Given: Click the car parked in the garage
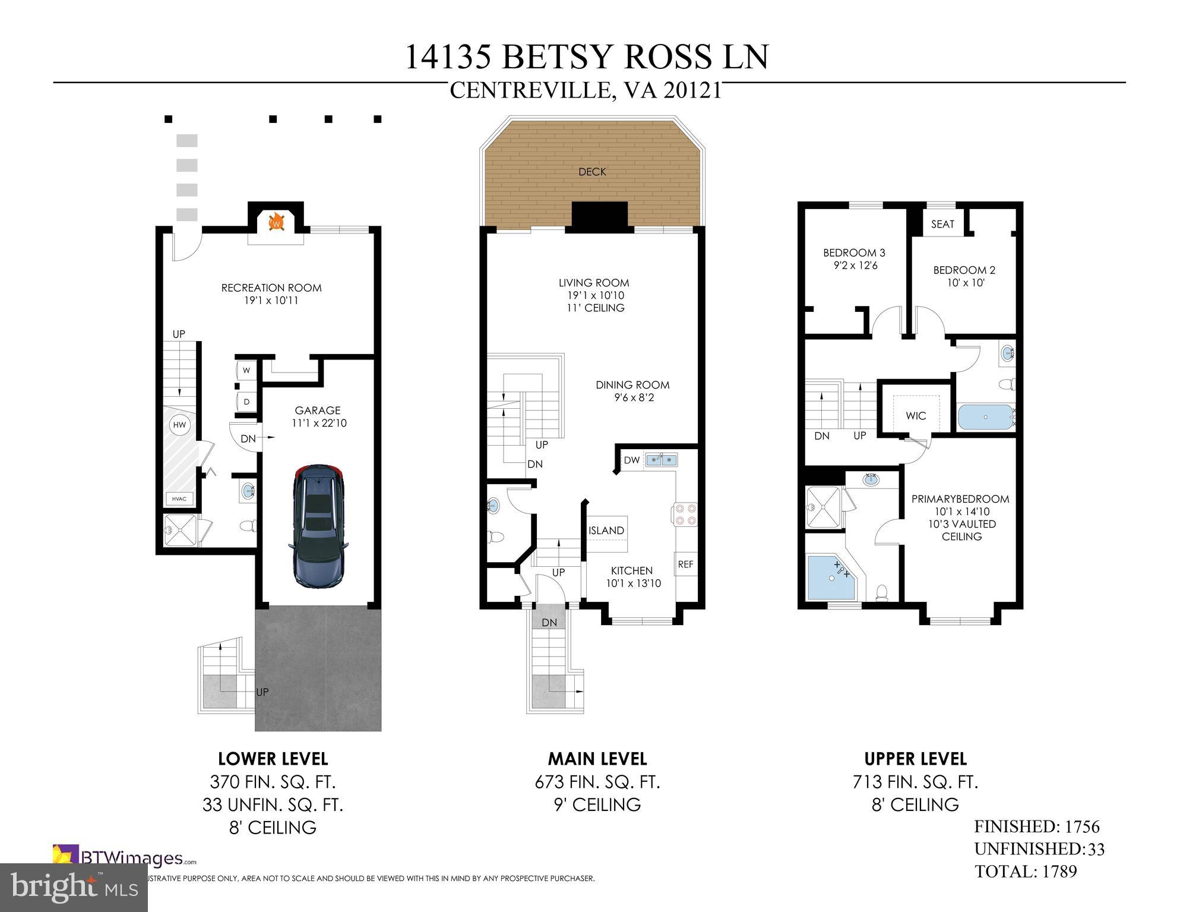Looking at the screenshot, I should [317, 526].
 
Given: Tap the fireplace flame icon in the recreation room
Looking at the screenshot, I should [276, 223].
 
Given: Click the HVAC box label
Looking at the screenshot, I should [179, 498].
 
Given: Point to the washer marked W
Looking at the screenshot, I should [246, 370].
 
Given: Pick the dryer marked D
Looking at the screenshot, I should [246, 402].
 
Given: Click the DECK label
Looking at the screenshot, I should [592, 172].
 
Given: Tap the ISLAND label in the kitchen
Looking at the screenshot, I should [606, 531].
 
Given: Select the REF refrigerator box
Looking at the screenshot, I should [685, 564].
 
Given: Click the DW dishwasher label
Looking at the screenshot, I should [632, 460].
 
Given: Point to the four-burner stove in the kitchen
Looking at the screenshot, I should [685, 514].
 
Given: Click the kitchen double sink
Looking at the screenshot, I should [662, 459].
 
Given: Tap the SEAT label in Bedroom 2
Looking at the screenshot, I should [942, 224].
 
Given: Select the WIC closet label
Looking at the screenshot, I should [916, 416].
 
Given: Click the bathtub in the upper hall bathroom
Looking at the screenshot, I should [986, 417].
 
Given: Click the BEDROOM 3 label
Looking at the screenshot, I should [854, 253].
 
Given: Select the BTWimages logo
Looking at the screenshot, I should [124, 858].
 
